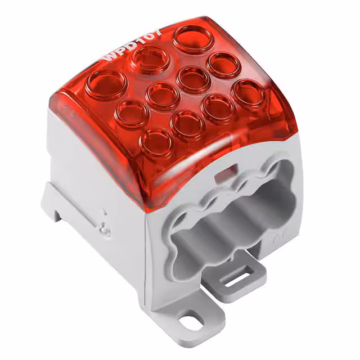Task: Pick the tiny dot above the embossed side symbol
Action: (104, 213)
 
